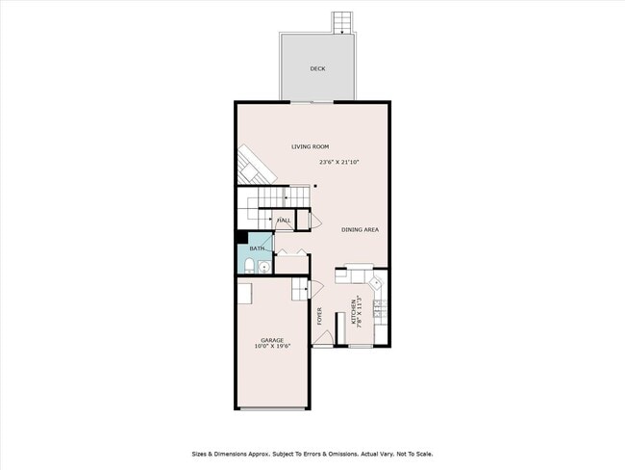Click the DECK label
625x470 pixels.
[x=317, y=69]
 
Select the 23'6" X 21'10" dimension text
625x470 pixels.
[x=339, y=162]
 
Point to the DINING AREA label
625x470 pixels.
[x=360, y=229]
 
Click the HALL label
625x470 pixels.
[x=285, y=222]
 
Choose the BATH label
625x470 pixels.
[x=257, y=248]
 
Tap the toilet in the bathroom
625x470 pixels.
[x=247, y=266]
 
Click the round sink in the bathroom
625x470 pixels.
[x=264, y=267]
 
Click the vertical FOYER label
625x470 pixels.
[x=320, y=315]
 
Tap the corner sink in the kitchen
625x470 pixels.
[x=378, y=284]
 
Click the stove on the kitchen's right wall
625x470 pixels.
[x=380, y=309]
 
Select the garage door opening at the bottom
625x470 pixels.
[x=272, y=407]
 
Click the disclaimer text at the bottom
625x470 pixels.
[x=312, y=454]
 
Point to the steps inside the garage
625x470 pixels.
[x=299, y=287]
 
